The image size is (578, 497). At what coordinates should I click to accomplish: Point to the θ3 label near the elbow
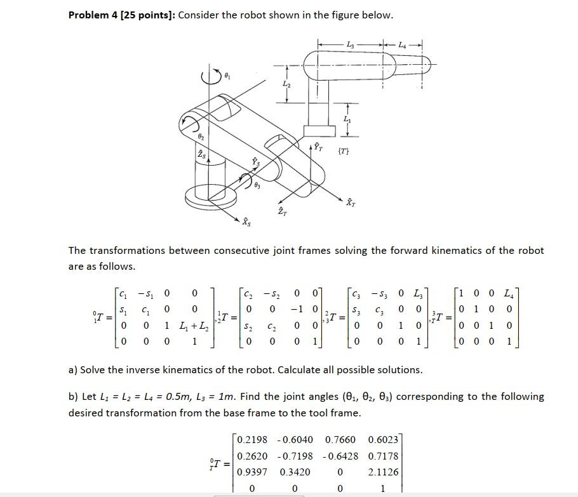tap(257, 186)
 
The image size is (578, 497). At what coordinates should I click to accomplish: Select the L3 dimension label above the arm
tap(351, 43)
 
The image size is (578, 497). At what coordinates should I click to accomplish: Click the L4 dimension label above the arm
tap(403, 43)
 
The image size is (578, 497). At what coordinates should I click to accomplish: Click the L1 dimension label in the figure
tap(346, 119)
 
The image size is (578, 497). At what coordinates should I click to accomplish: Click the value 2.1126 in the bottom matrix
tap(384, 472)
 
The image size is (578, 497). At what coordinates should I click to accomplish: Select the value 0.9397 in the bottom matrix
tap(252, 472)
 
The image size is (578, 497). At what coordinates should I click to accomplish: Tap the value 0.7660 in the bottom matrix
tap(340, 439)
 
